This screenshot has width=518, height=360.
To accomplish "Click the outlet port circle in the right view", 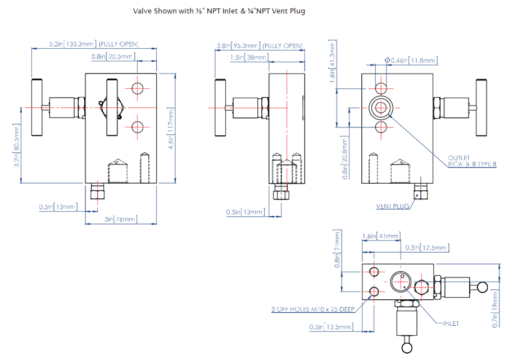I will coord(381,108).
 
